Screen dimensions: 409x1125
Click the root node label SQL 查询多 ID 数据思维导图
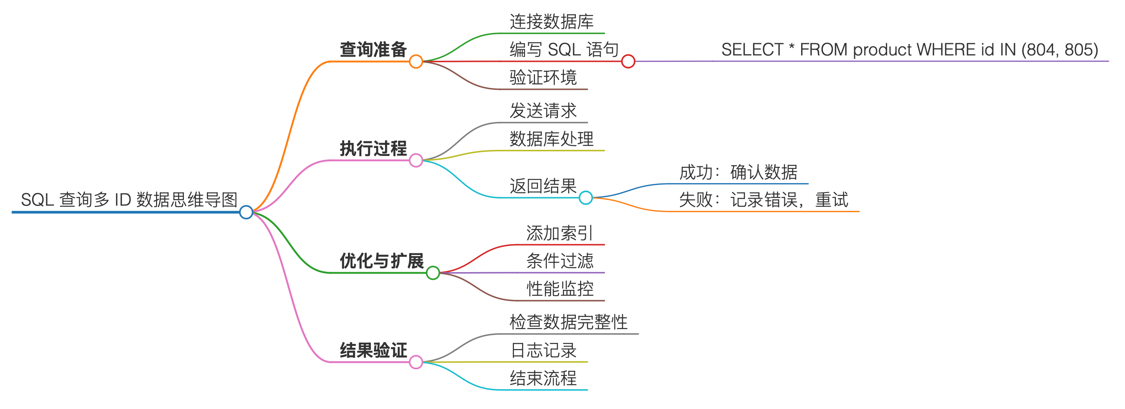click(129, 200)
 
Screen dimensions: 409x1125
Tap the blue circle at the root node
click(246, 212)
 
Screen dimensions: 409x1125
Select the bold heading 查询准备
click(373, 49)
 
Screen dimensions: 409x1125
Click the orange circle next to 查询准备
click(416, 62)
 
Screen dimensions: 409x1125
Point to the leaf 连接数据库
click(551, 21)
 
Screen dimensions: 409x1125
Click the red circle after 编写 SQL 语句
click(628, 62)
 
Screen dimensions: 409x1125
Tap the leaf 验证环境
click(543, 78)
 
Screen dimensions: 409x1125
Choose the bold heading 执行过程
click(373, 148)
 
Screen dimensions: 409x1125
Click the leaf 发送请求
click(543, 111)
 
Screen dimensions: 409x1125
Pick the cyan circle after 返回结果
click(586, 198)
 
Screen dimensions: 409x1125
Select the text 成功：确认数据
click(738, 172)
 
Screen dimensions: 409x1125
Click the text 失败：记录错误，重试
click(763, 200)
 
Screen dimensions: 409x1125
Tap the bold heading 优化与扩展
click(382, 261)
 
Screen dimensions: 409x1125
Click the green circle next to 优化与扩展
click(433, 273)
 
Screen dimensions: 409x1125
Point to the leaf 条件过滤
click(560, 261)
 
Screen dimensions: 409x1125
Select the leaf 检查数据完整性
click(568, 322)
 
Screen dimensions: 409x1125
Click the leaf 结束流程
click(543, 378)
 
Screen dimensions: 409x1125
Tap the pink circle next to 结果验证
click(416, 362)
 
